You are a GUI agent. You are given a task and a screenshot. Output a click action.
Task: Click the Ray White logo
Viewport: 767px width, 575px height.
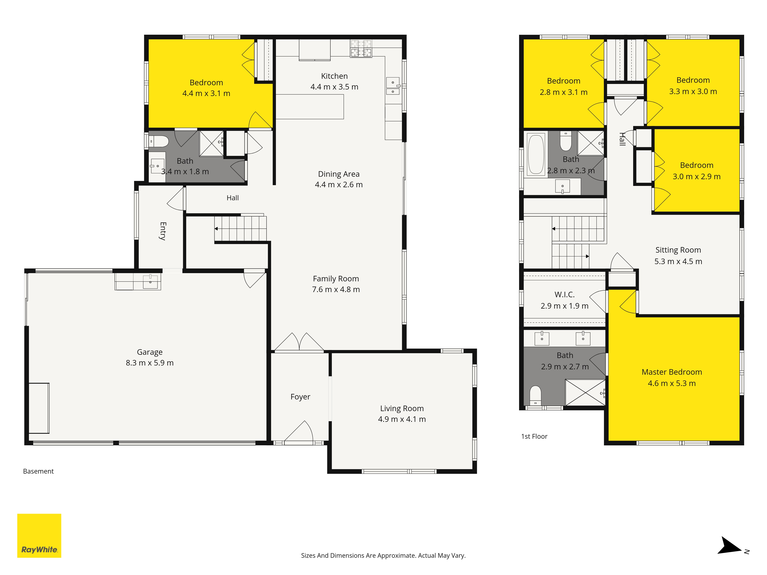pyautogui.click(x=39, y=536)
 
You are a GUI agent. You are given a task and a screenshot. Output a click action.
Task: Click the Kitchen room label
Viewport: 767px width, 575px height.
pyautogui.click(x=334, y=76)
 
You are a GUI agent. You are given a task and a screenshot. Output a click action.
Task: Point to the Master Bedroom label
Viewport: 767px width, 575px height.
pyautogui.click(x=672, y=372)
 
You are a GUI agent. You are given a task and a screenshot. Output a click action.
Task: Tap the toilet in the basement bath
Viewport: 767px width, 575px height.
pyautogui.click(x=159, y=141)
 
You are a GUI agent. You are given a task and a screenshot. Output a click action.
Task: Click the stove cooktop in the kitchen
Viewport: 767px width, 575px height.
pyautogui.click(x=361, y=48)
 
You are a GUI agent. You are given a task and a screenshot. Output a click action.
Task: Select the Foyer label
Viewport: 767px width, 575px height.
pyautogui.click(x=300, y=397)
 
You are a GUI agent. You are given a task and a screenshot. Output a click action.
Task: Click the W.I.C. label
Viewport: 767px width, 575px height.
pyautogui.click(x=565, y=295)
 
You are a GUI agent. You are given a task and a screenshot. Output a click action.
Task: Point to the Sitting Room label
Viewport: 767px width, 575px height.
pyautogui.click(x=678, y=250)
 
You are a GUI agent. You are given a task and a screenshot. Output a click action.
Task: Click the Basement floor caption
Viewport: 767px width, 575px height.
pyautogui.click(x=39, y=471)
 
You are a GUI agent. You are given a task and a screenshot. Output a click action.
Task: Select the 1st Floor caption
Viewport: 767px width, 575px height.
pyautogui.click(x=534, y=436)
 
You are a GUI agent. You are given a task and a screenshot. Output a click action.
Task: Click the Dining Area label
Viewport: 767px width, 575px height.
pyautogui.click(x=339, y=174)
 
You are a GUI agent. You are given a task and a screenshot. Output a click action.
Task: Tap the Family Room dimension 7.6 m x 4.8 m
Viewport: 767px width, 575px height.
pyautogui.click(x=336, y=289)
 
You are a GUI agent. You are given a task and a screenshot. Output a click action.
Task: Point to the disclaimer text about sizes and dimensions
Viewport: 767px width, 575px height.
pyautogui.click(x=383, y=556)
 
